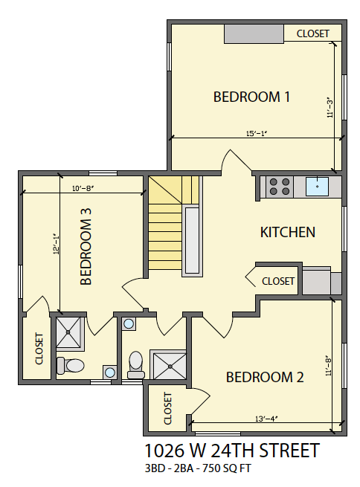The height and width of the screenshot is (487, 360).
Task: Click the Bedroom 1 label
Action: point(251,97)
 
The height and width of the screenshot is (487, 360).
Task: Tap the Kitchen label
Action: point(288,232)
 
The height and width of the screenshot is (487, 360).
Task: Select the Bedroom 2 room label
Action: point(265,377)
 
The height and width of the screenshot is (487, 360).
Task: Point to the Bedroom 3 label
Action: point(86,247)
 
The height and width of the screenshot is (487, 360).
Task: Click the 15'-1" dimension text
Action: point(257,134)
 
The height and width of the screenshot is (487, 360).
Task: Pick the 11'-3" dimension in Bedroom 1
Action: point(330,109)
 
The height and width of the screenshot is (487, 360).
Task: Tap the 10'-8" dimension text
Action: point(83,189)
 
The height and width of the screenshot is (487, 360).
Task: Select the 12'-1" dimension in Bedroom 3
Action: point(56,244)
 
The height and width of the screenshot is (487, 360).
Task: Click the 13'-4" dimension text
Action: point(266,419)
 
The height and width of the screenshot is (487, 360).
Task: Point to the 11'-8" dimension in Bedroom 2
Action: point(328,367)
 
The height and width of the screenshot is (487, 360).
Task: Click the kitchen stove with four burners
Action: point(280,187)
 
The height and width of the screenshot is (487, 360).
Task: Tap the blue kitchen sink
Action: point(317,187)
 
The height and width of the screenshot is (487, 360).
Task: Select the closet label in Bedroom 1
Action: point(313,33)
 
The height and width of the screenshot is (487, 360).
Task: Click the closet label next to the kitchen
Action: point(278,281)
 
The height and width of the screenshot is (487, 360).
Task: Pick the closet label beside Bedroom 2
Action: point(168,408)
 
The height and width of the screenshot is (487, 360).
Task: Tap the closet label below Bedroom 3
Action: point(39,349)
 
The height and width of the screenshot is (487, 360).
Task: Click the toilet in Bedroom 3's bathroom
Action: point(71,365)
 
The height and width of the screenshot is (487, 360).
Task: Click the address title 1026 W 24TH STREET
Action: point(232,451)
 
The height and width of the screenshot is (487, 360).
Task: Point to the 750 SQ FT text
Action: point(226,468)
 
